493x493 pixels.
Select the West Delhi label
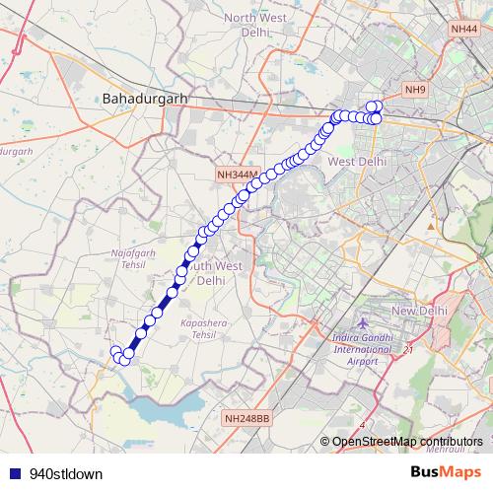(356, 161)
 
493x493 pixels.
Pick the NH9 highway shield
(415, 91)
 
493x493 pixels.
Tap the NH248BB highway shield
(246, 418)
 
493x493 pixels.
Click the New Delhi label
(420, 311)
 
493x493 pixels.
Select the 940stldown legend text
(66, 473)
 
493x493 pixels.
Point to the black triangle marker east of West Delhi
(430, 226)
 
